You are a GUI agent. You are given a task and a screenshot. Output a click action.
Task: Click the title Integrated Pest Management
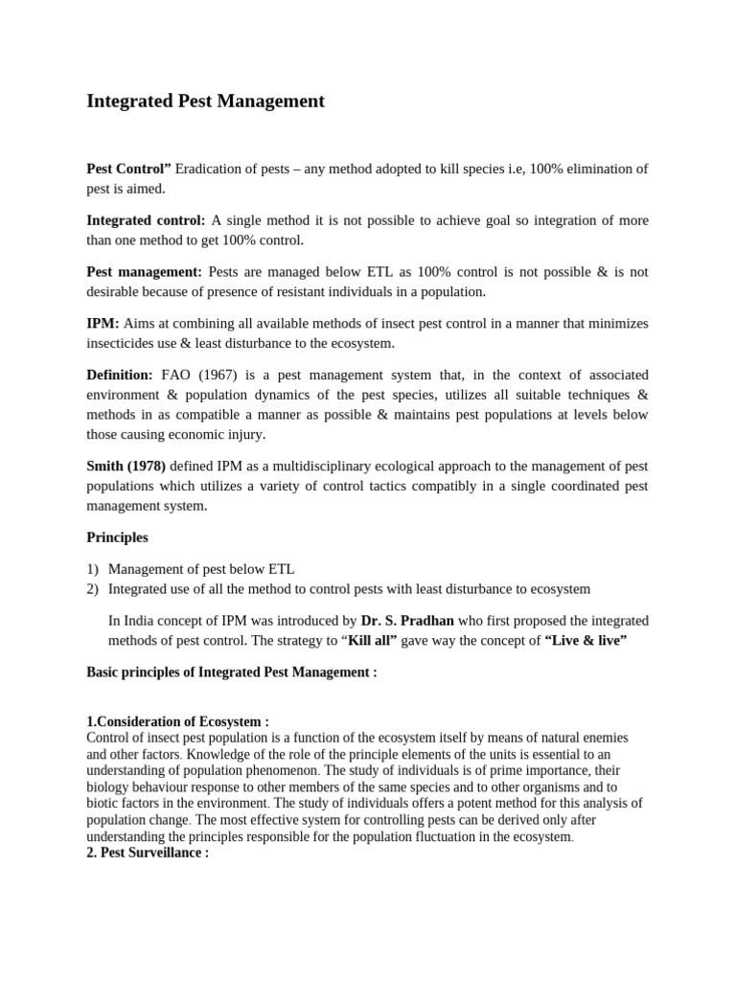(206, 101)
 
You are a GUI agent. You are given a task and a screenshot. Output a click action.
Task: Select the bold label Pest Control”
(129, 169)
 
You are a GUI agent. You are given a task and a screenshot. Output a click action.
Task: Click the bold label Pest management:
(145, 272)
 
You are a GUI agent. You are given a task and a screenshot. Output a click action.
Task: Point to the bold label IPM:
(103, 324)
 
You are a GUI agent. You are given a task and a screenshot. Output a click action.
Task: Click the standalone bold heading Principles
(117, 537)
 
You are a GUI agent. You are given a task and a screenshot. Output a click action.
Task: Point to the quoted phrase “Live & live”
(586, 641)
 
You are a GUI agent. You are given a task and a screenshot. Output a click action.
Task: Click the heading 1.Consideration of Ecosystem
(177, 721)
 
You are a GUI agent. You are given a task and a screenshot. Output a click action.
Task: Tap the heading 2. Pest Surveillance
(148, 853)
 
